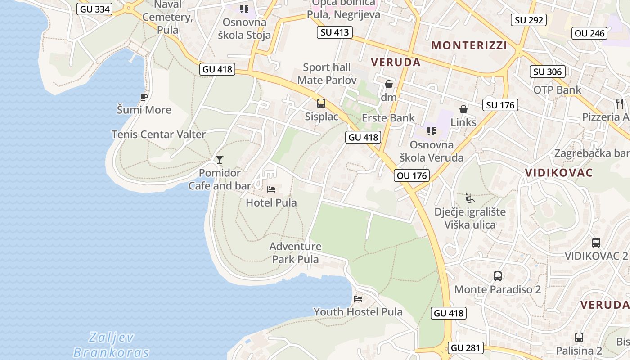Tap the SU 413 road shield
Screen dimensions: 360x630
click(x=334, y=32)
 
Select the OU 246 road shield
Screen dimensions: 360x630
click(x=590, y=33)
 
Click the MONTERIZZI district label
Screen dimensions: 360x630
click(x=469, y=45)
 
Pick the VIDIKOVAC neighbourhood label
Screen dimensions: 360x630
click(x=558, y=173)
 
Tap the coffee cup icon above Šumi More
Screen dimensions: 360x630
click(x=144, y=97)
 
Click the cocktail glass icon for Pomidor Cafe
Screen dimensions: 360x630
click(x=219, y=160)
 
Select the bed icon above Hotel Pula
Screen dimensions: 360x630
click(x=271, y=189)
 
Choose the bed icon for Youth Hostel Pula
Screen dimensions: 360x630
click(x=358, y=298)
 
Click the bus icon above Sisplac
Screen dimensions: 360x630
click(x=321, y=103)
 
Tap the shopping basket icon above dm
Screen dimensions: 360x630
click(x=389, y=84)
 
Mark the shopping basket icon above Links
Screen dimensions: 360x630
click(x=463, y=109)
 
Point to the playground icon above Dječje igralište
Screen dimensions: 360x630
click(x=469, y=198)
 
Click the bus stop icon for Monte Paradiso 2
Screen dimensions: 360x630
click(x=497, y=276)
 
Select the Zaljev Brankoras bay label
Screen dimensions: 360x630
click(x=111, y=344)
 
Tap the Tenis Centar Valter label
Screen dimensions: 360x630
click(x=158, y=134)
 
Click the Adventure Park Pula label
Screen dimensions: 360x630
click(x=296, y=252)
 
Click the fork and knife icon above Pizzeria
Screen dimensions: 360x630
click(x=620, y=104)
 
